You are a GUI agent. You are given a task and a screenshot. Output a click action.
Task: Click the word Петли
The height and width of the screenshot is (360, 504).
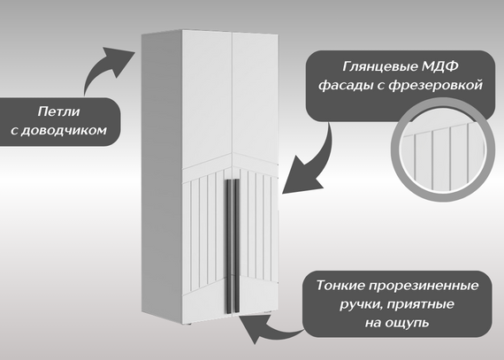(58, 111)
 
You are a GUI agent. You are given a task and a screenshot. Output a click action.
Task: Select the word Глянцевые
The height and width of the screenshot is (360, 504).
(379, 67)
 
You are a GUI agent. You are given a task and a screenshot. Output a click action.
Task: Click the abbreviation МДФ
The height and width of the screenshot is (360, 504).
(439, 66)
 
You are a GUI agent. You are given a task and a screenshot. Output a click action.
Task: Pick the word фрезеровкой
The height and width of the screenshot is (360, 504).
(436, 85)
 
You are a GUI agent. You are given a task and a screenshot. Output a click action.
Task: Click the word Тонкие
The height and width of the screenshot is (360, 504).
(340, 285)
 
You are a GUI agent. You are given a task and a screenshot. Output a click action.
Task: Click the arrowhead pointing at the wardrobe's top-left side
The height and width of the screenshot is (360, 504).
(119, 60)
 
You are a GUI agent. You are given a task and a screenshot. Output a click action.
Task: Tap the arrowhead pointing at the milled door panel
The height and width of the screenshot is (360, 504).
(301, 179)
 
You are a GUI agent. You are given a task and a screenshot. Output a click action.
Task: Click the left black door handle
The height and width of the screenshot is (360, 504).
(228, 246)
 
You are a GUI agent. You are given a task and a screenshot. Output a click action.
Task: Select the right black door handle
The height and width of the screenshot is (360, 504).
(237, 245)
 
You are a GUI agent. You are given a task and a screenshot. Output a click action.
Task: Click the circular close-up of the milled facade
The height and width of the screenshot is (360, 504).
(443, 149)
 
